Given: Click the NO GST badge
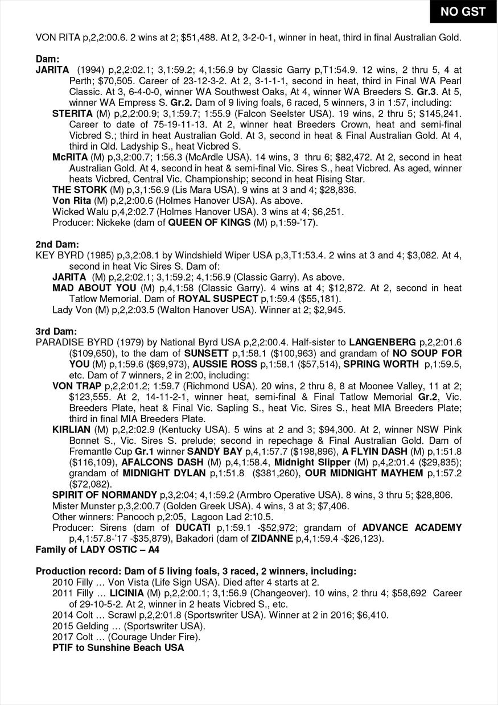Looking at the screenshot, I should pyautogui.click(x=463, y=11).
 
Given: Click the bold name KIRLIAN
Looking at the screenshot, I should pyautogui.click(x=71, y=430).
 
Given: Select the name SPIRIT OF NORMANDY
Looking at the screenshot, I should pyautogui.click(x=104, y=494).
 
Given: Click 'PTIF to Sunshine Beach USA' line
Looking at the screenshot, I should pyautogui.click(x=118, y=648).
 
